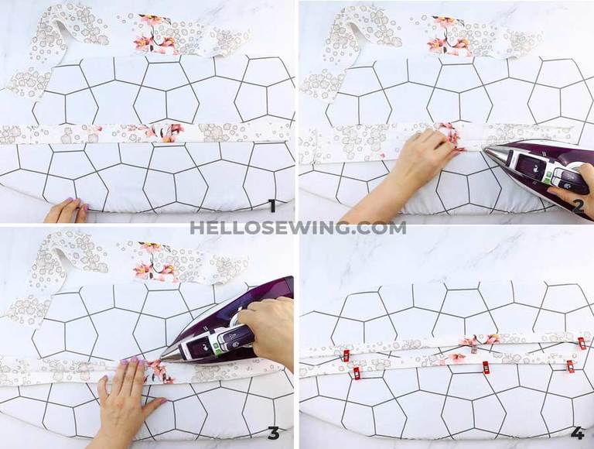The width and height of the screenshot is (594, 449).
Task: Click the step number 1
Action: [271, 205]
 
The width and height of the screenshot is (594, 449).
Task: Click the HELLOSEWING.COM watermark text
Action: [298, 228]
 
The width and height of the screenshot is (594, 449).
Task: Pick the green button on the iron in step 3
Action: [218, 348]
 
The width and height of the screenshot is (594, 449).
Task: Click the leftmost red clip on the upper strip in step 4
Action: [346, 355]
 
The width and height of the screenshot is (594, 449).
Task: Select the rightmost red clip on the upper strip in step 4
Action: [581, 342]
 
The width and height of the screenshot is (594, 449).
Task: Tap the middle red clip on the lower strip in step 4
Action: [486, 366]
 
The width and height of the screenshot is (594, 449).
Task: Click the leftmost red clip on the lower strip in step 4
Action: [357, 373]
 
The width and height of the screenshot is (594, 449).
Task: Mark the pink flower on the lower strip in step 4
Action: [456, 358]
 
